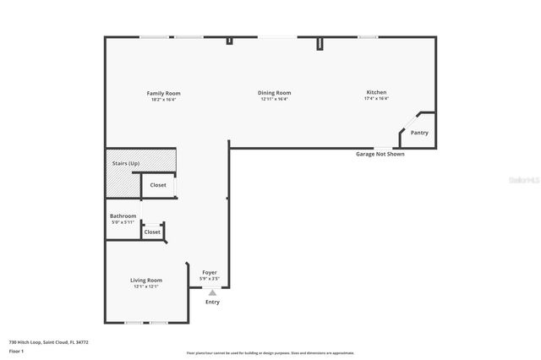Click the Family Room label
[x=163, y=93]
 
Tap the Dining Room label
[x=275, y=93]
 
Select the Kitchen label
[x=376, y=92]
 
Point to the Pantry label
[x=419, y=133]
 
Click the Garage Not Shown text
[x=380, y=155]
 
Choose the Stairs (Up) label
[x=126, y=162]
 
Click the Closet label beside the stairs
[x=158, y=185]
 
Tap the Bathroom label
[x=123, y=216]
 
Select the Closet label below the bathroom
[x=152, y=232]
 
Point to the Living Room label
[x=145, y=280]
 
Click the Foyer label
[x=210, y=272]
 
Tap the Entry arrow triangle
[x=212, y=293]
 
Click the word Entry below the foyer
[x=212, y=302]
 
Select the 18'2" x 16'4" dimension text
[x=163, y=100]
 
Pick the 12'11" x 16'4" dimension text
[x=275, y=100]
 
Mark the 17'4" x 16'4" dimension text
[x=376, y=99]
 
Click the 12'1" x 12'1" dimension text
[x=145, y=286]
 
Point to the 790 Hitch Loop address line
[x=49, y=342]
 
